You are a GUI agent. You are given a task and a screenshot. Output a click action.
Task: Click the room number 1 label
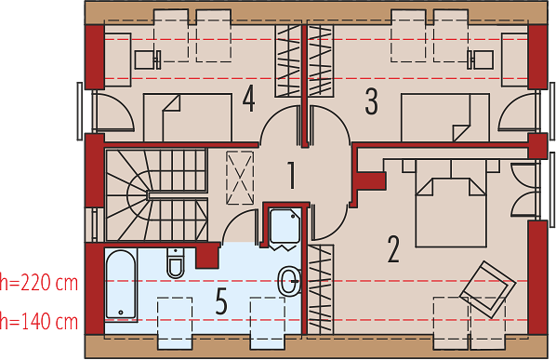tap(291, 176)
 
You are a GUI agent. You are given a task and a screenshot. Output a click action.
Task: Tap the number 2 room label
tap(393, 249)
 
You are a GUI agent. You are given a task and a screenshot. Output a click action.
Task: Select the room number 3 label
tap(371, 101)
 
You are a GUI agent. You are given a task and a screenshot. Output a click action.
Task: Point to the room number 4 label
tap(248, 100)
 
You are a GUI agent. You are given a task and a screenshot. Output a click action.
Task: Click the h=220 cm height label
tap(39, 283)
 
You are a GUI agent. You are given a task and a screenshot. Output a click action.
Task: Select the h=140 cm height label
tap(39, 322)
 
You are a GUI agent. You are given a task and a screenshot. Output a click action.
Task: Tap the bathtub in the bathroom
tap(121, 285)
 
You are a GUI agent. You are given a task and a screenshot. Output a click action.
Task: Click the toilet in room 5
tap(176, 263)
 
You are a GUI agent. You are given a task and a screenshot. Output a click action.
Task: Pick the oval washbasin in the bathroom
tap(289, 281)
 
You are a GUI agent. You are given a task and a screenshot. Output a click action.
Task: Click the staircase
tap(156, 195)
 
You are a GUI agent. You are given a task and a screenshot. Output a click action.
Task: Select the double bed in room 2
tap(451, 203)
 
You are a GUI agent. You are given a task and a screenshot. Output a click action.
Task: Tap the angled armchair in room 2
tap(487, 289)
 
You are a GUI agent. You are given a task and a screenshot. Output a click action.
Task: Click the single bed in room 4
tap(188, 118)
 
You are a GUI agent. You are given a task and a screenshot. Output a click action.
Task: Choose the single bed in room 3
tap(445, 118)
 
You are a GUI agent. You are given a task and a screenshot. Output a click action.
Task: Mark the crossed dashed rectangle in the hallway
tap(240, 178)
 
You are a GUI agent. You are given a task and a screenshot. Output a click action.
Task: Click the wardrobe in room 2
tap(321, 289)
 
